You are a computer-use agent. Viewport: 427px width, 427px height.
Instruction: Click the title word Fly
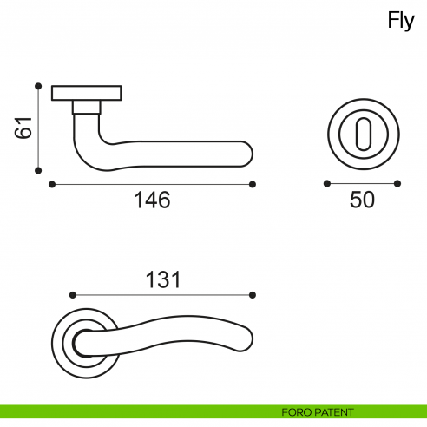(x=401, y=22)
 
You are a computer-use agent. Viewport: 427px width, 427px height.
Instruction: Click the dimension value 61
(x=23, y=127)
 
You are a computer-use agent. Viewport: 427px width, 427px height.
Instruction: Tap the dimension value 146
(x=152, y=200)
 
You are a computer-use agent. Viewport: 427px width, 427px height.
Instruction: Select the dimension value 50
(x=362, y=200)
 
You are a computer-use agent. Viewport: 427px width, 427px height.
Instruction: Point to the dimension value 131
(x=162, y=279)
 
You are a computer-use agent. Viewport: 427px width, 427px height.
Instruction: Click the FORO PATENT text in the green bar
(x=317, y=411)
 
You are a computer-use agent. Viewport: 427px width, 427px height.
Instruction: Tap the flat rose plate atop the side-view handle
(x=87, y=93)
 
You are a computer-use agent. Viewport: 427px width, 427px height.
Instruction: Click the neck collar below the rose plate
(x=86, y=107)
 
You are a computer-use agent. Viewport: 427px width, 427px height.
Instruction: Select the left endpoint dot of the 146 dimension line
(x=52, y=184)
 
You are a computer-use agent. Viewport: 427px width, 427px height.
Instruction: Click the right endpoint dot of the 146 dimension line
(x=253, y=184)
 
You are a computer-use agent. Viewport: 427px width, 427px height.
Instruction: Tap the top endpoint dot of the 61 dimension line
(x=38, y=85)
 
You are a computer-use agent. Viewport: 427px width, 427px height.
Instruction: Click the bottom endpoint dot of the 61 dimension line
(x=38, y=170)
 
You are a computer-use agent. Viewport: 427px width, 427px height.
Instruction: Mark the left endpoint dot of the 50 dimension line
(x=326, y=183)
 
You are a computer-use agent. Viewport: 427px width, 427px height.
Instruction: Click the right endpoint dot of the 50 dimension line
(x=397, y=183)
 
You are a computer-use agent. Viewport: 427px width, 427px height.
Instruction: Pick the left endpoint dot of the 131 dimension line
(x=71, y=295)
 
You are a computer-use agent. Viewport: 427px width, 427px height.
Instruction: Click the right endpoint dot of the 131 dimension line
(x=253, y=295)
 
